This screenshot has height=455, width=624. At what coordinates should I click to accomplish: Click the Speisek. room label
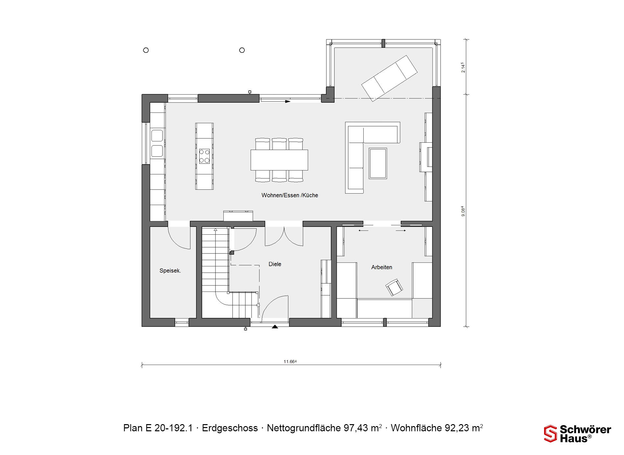coord(170,271)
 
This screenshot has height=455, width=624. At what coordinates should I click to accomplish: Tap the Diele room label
coord(275,264)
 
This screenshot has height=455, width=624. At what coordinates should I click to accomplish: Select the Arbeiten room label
coord(382,267)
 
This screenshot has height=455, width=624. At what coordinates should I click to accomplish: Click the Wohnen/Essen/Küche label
coord(290,195)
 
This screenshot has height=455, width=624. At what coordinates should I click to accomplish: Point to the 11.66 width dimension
coord(290,361)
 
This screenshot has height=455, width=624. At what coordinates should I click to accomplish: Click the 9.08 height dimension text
coord(463,212)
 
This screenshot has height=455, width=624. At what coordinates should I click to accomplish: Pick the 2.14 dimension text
coord(463,68)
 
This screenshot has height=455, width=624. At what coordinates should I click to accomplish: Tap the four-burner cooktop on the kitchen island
coord(204,156)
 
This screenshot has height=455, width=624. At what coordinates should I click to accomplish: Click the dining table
coord(279,160)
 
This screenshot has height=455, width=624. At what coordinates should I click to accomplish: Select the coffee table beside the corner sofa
coord(378,163)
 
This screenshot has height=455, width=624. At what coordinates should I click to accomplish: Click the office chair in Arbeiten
coord(394,287)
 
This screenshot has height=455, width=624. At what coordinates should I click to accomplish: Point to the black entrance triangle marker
coord(275,327)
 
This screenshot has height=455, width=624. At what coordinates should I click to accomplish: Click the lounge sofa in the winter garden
coord(389,78)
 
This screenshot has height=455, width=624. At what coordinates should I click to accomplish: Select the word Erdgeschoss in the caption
coord(230,428)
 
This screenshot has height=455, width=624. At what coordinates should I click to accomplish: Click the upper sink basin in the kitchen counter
coord(157,136)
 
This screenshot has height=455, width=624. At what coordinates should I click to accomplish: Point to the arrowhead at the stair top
coord(215,230)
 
